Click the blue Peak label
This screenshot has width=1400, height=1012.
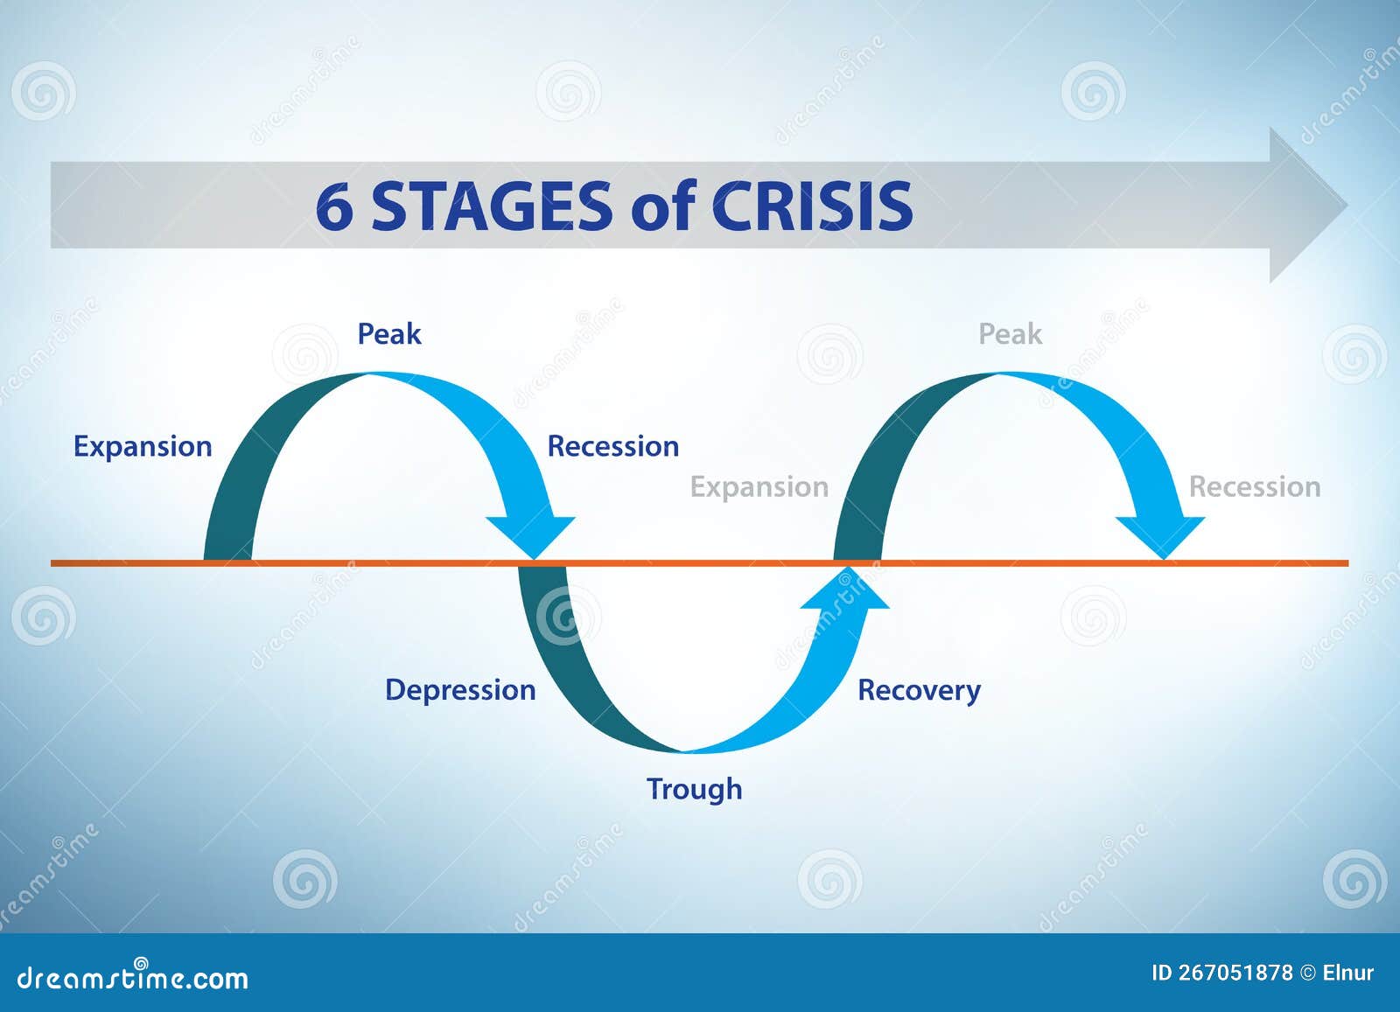(x=389, y=334)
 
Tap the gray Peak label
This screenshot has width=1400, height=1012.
(x=1010, y=334)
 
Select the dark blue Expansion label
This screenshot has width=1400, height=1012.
(x=143, y=446)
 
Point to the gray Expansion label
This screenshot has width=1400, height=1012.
(x=759, y=486)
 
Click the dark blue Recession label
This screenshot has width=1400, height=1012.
(x=612, y=446)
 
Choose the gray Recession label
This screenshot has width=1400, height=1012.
(x=1254, y=486)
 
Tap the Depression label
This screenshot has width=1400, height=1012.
(x=460, y=689)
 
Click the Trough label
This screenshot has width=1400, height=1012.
(x=694, y=788)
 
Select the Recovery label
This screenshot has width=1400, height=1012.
(x=919, y=689)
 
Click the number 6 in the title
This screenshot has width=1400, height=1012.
(x=334, y=206)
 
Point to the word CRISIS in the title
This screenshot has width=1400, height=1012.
(x=812, y=206)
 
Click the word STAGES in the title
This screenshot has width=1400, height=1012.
(x=492, y=206)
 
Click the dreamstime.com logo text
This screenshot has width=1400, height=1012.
(x=133, y=977)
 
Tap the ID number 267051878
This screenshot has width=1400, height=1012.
(x=1235, y=973)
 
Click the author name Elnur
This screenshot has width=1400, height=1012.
(x=1347, y=973)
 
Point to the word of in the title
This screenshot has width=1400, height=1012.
(x=662, y=206)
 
